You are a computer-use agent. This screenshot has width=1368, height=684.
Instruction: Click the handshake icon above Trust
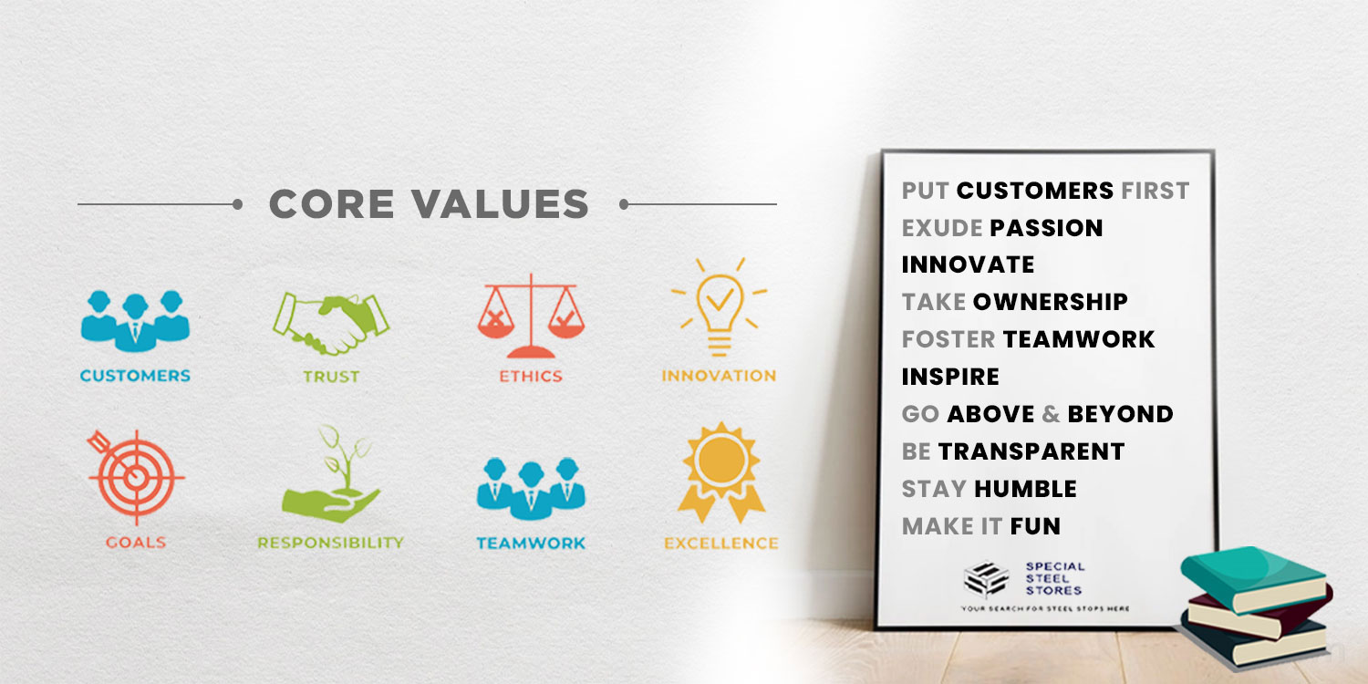click(330, 324)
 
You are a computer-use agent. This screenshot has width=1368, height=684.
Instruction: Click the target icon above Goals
click(136, 477)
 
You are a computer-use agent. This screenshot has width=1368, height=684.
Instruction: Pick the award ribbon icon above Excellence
click(721, 472)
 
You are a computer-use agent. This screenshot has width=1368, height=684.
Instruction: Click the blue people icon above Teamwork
click(531, 489)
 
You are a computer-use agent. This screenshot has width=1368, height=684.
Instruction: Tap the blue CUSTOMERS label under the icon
click(135, 376)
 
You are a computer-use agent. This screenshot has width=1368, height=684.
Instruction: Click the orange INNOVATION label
click(719, 376)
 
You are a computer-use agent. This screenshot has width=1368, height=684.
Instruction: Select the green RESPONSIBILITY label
click(330, 543)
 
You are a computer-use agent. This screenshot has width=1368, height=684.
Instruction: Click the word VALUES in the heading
click(500, 203)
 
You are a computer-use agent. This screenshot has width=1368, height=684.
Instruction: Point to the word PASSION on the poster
click(1046, 228)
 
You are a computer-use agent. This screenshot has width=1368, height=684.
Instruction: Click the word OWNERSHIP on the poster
click(1050, 302)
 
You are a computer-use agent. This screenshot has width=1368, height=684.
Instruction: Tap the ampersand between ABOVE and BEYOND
click(1051, 414)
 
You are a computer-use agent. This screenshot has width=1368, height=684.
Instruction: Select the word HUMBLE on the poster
click(1025, 489)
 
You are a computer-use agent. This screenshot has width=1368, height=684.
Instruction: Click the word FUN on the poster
click(1035, 526)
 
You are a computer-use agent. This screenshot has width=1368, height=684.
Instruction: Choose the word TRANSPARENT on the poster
click(1031, 452)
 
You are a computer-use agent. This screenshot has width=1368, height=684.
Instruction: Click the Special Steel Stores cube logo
click(986, 579)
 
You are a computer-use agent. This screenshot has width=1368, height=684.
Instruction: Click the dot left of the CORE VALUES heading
click(237, 204)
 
